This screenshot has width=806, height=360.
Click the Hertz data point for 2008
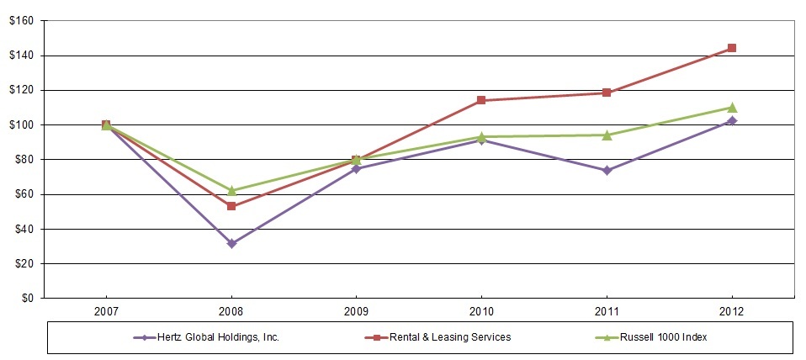point(231,244)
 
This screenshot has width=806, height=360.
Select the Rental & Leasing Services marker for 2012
point(732,48)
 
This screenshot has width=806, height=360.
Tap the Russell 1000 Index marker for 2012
point(732,107)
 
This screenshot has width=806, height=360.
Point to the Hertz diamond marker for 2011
point(607,170)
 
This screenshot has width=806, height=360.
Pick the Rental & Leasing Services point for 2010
point(481,100)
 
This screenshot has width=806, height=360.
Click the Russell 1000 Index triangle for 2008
point(231,190)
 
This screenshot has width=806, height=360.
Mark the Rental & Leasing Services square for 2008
point(231,206)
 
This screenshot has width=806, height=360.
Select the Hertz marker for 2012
point(732,120)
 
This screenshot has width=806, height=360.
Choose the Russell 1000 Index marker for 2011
point(607,135)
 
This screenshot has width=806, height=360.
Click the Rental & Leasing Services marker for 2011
point(607,93)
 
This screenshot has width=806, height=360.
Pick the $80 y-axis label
point(24,159)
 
